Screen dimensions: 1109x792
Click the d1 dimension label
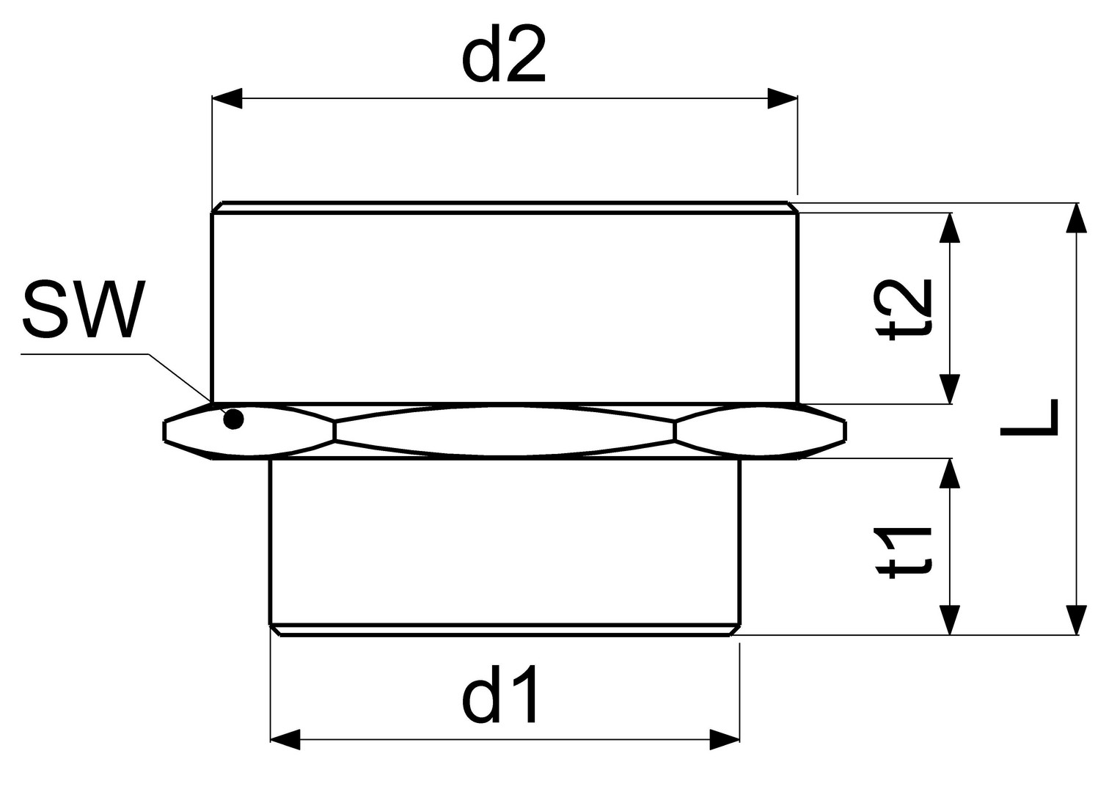pos(499,694)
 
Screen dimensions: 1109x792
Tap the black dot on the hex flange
pos(233,419)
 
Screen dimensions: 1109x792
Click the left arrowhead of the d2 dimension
pos(227,98)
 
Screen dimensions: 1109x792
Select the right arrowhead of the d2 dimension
pos(782,98)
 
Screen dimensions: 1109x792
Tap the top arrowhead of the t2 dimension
pos(950,227)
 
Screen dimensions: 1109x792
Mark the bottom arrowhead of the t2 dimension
pos(950,389)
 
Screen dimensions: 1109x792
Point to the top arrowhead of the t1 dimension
pos(950,473)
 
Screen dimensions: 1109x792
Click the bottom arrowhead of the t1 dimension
pos(950,620)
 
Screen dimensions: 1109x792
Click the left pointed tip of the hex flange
pos(164,430)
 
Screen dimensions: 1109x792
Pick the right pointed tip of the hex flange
pos(845,430)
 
